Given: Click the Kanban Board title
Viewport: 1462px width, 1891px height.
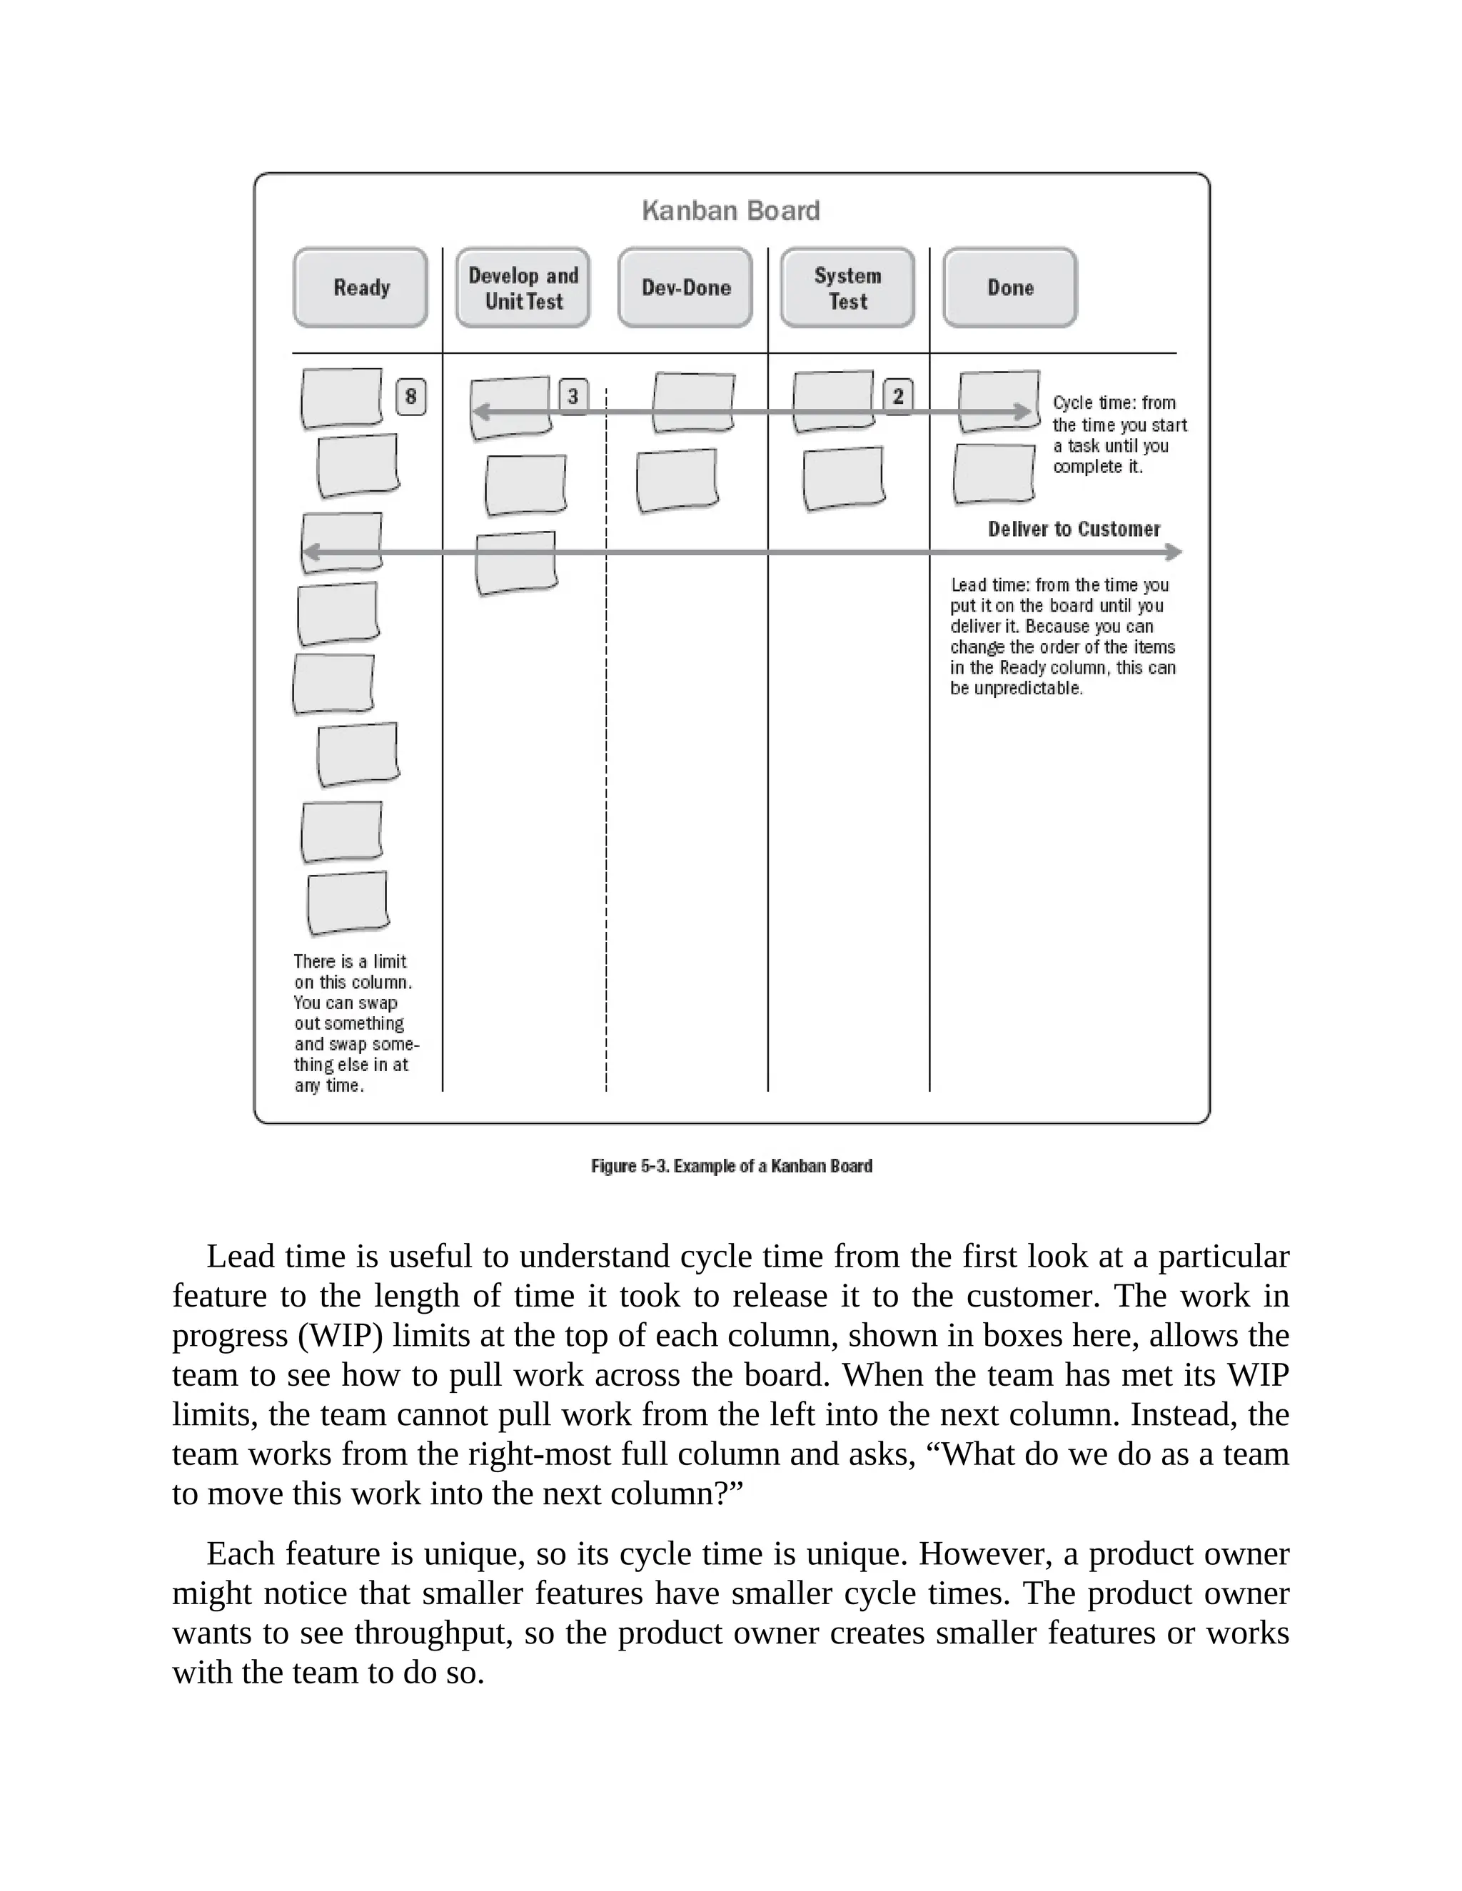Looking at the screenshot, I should (730, 211).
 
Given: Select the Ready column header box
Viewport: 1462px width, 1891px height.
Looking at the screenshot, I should (361, 288).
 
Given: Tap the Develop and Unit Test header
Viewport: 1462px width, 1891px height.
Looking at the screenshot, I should (523, 288).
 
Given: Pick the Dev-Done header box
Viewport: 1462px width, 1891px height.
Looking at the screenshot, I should (685, 288).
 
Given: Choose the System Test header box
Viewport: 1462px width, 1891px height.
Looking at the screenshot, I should (847, 288).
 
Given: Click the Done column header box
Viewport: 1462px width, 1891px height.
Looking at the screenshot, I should (1010, 288).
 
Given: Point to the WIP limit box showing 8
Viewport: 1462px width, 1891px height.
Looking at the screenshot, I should (410, 397).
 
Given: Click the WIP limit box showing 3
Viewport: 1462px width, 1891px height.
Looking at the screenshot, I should (573, 396).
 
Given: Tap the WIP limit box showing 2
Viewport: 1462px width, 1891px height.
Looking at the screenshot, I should (898, 396).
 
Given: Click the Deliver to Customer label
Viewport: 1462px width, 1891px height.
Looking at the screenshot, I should (1074, 529).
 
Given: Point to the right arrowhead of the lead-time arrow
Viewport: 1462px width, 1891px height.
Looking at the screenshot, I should (1174, 552).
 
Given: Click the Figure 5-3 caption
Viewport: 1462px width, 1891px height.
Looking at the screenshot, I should (731, 1166).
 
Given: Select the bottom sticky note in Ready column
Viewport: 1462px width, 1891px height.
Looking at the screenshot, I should (348, 903).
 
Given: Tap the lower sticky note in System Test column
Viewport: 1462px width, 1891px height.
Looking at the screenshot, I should (843, 478).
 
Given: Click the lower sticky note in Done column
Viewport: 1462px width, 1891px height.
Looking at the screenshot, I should (994, 474).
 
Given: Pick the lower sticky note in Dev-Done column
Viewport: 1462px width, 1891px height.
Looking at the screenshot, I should (677, 480).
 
